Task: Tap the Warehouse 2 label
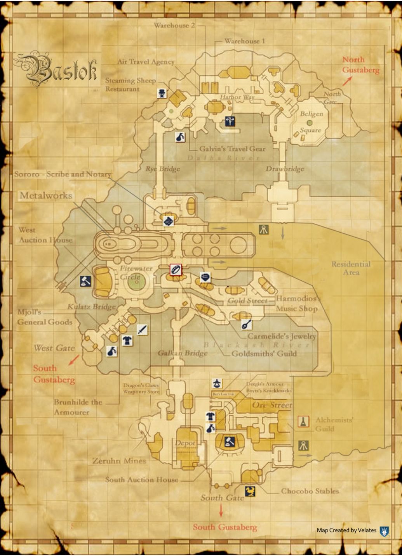point(174,26)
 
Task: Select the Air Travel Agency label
point(146,62)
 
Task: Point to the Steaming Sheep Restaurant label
point(131,85)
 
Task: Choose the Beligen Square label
point(311,122)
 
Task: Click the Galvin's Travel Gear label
point(232,148)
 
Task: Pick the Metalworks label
point(46,195)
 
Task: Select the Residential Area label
point(351,268)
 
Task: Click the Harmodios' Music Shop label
point(297,304)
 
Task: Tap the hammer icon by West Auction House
point(85,281)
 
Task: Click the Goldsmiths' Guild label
point(264,353)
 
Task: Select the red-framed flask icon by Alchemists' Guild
point(303,421)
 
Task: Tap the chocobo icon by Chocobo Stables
point(250,491)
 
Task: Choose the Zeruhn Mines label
point(119,461)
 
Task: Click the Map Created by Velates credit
point(346,530)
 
